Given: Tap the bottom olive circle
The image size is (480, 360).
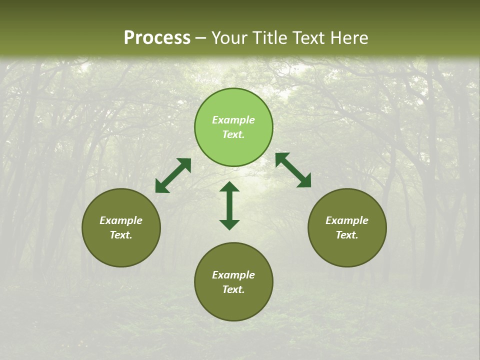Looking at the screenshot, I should [233, 305].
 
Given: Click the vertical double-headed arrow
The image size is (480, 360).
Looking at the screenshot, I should [229, 205].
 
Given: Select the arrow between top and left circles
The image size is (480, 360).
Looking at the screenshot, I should [173, 175].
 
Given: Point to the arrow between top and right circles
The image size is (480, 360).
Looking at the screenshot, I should [293, 170].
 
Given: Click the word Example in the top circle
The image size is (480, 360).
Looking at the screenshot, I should [233, 120].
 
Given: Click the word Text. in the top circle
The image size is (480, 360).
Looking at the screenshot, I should [233, 134].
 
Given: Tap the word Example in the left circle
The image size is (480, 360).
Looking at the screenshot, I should [121, 220].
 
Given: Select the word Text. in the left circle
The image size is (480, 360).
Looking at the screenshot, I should [121, 235].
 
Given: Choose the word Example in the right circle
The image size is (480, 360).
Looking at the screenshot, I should [347, 220].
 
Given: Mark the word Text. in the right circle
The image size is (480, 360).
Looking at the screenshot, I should [347, 235].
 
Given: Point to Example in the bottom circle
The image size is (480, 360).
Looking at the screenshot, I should [233, 275].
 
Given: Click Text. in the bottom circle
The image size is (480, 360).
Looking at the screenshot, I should [233, 289].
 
